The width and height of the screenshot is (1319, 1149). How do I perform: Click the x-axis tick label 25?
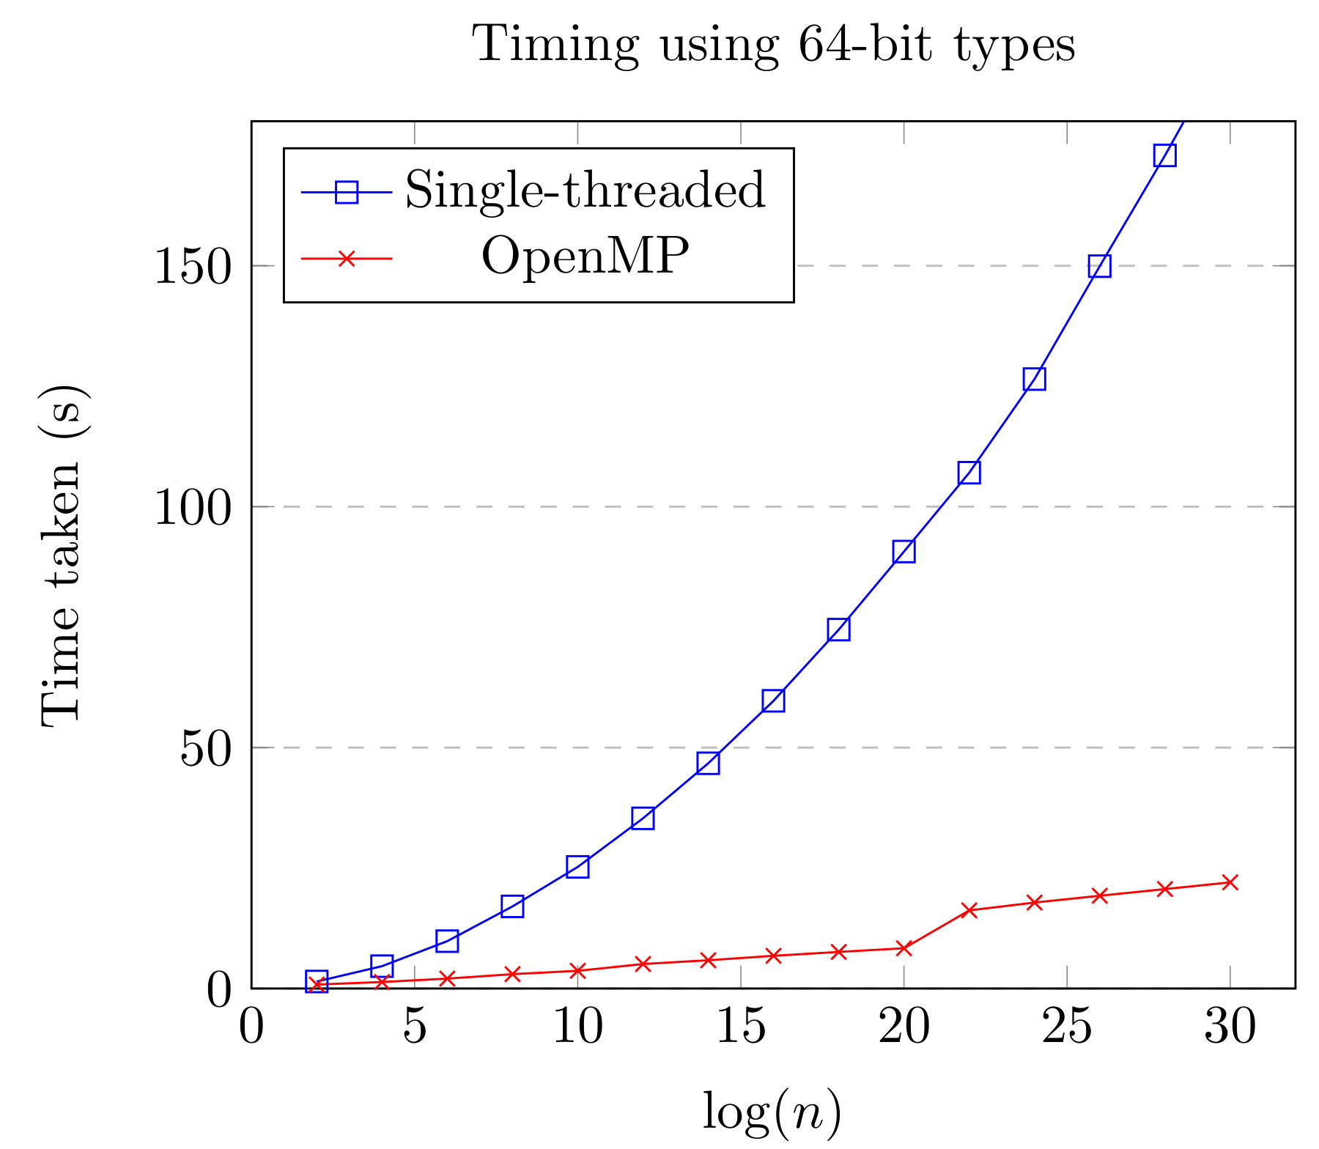pyautogui.click(x=1066, y=1028)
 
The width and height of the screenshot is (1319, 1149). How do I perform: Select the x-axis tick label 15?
pyautogui.click(x=740, y=1028)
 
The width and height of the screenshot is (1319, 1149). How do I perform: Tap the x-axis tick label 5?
pyautogui.click(x=415, y=1028)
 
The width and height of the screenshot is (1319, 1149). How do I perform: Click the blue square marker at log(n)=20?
pyautogui.click(x=904, y=552)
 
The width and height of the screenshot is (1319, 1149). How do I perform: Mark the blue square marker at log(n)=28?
pyautogui.click(x=1164, y=155)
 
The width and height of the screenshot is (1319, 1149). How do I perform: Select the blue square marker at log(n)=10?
pyautogui.click(x=577, y=867)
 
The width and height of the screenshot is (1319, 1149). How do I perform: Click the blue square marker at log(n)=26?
pyautogui.click(x=1099, y=266)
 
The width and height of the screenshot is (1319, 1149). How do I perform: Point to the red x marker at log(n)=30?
pyautogui.click(x=1230, y=882)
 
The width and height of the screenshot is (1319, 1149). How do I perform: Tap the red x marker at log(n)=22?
pyautogui.click(x=969, y=910)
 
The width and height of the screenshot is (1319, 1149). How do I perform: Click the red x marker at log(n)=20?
pyautogui.click(x=904, y=948)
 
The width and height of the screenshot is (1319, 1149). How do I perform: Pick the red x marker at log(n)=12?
pyautogui.click(x=643, y=964)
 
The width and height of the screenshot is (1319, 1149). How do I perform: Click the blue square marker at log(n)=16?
pyautogui.click(x=773, y=701)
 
